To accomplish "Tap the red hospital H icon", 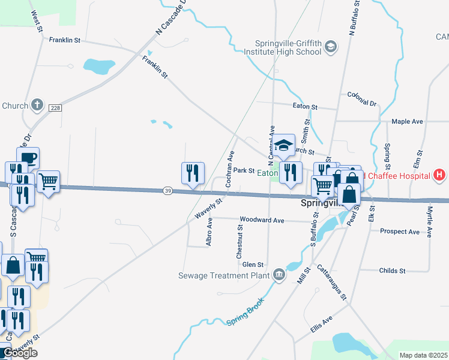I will coord(439,175).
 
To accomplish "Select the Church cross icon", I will coord(37,106).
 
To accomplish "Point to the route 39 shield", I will coord(167,191).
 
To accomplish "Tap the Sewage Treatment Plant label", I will coord(225,276).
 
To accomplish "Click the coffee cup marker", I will coord(28,158).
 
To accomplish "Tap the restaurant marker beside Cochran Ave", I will coord(193,173).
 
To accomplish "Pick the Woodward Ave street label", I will coord(261,220).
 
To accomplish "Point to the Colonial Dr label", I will coord(361,98).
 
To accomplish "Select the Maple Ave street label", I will coord(407,121).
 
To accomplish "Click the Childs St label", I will coord(393,271).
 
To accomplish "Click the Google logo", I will coord(20,353).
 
